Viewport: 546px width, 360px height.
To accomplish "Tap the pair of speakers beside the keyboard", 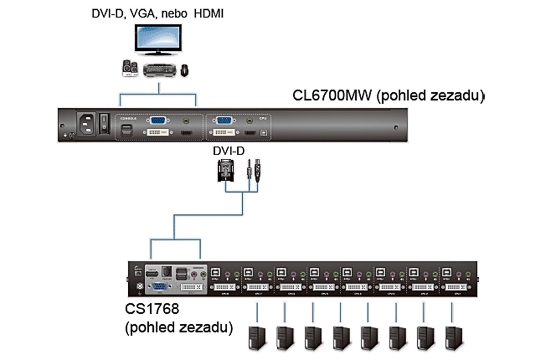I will (130, 68).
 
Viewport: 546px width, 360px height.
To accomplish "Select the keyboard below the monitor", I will (160, 70).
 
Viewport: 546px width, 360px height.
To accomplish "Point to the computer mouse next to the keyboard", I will (184, 71).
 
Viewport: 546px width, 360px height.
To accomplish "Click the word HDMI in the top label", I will (209, 14).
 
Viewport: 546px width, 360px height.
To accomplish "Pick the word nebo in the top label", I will (174, 14).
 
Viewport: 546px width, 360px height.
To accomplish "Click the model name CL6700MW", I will (332, 96).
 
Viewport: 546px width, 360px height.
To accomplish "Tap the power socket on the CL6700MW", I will (87, 124).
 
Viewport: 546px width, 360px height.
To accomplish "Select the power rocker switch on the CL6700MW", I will (104, 122).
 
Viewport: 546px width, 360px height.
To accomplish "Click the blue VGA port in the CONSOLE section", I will (158, 121).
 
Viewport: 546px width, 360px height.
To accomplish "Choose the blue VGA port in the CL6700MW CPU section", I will (224, 121).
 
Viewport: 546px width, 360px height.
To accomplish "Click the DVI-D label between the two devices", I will (229, 151).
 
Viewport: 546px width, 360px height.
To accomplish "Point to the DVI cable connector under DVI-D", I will (226, 170).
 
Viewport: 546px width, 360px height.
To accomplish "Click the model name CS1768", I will (152, 309).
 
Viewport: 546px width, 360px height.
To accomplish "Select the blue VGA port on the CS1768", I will (160, 287).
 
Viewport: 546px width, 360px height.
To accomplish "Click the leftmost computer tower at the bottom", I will (257, 338).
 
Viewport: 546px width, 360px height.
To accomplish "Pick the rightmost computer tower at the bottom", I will (454, 338).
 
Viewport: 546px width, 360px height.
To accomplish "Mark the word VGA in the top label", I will (142, 14).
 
